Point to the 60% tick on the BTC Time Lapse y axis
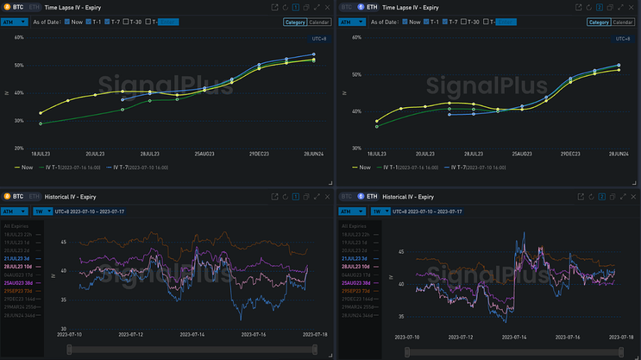click(19, 38)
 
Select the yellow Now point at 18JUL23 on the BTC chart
click(40, 113)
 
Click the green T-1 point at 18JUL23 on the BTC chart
click(40, 124)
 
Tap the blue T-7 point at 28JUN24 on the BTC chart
click(314, 54)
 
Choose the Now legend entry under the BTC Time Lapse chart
click(24, 167)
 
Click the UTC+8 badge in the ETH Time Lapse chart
click(623, 39)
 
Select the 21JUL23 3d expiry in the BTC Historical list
click(19, 259)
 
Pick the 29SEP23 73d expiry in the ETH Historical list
click(357, 291)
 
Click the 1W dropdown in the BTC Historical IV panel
click(40, 211)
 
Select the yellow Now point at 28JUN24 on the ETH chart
click(618, 69)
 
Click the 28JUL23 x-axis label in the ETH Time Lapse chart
click(473, 153)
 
